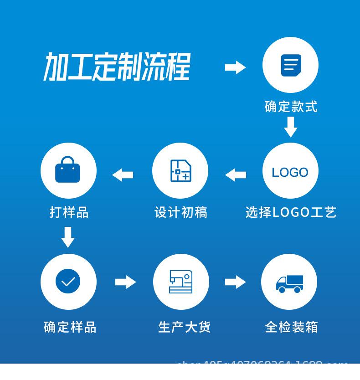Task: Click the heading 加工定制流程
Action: pos(117,67)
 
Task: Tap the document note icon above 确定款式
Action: pos(290,66)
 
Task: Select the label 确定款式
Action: pos(291,107)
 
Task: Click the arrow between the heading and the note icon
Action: pos(235,67)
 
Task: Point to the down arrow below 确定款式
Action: pos(290,127)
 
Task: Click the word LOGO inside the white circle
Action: pos(290,172)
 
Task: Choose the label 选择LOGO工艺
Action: pos(291,212)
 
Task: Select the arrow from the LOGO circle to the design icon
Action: pos(235,175)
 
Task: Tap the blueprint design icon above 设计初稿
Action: pos(180,171)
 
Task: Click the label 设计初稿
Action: pos(180,212)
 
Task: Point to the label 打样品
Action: pos(69,212)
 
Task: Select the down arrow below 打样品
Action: pos(68,237)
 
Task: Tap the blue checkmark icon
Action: pos(68,282)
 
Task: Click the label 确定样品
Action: pos(70,327)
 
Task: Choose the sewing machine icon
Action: pos(181,282)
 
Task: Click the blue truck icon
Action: pos(289,283)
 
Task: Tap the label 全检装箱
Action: pos(291,327)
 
